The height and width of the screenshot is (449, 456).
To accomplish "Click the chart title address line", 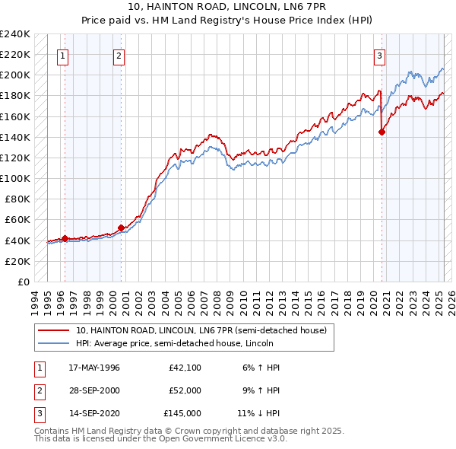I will [x=227, y=8].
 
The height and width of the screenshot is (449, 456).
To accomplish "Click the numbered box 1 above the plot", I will [x=62, y=54].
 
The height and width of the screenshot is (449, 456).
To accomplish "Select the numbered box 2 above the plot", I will [x=119, y=54].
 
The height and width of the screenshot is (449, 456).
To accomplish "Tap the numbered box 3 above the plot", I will [x=379, y=54].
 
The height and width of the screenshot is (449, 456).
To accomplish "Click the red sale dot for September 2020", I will [x=382, y=132].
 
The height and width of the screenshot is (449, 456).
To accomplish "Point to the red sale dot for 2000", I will [x=122, y=228].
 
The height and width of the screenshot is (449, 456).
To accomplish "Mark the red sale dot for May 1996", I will [x=65, y=238].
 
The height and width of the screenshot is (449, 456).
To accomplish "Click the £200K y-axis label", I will [x=16, y=75].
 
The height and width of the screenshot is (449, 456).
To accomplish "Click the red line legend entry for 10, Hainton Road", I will [x=201, y=330].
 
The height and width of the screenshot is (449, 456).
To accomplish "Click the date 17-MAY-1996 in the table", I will [x=94, y=368].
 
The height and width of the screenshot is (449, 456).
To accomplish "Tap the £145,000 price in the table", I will [x=182, y=413].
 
